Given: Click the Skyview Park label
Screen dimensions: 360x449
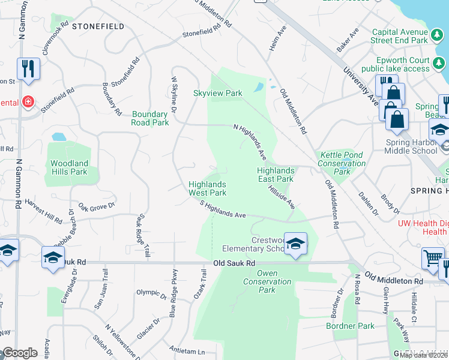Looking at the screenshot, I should (217, 93).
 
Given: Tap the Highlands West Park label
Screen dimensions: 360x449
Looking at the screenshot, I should (208, 189).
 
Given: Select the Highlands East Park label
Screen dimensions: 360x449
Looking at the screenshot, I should (276, 175).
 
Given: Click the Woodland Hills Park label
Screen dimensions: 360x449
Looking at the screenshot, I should (69, 167).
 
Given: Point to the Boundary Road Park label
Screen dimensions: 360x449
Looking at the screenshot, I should (150, 118).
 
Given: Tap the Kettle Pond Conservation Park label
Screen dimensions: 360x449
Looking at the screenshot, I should (342, 163).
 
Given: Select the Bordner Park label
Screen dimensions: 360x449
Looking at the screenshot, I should (350, 326).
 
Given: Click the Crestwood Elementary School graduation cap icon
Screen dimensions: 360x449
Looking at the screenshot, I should (295, 243).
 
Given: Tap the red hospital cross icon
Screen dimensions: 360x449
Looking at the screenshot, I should (27, 102).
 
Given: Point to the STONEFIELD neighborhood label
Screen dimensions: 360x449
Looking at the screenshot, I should (98, 27).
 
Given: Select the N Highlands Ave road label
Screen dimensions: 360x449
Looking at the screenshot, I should (250, 141).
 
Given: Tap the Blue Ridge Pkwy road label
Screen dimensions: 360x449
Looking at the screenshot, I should (173, 304).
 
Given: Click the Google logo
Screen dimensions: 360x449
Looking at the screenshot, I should (19, 353).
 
